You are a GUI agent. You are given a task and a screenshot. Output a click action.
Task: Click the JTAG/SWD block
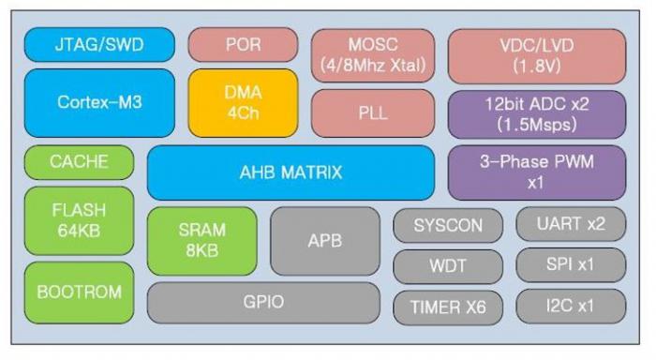[99, 45]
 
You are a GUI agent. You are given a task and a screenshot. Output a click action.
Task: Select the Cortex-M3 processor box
[99, 102]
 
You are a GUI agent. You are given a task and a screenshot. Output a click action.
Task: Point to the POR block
[243, 45]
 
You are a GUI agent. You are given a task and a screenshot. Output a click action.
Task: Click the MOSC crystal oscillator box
[372, 55]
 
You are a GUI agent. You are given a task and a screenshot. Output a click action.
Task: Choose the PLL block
[372, 112]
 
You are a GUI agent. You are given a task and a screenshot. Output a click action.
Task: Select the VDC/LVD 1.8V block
[536, 55]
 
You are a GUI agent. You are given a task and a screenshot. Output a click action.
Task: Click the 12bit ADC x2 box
[536, 113]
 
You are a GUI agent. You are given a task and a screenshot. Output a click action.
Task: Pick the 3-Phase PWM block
[536, 172]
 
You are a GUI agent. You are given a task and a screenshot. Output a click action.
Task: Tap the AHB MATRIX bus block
[291, 172]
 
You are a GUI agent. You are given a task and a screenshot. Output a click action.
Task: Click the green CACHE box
[80, 162]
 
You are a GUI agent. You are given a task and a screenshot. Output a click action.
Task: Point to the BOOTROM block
[80, 292]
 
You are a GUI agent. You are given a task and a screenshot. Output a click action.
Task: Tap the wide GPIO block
[263, 302]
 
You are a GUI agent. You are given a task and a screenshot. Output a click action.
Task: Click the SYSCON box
[448, 225]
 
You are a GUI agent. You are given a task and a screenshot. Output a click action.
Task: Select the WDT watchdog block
[448, 265]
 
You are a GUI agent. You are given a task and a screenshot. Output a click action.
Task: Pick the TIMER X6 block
[448, 306]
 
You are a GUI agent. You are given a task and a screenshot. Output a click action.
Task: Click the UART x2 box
[571, 225]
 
